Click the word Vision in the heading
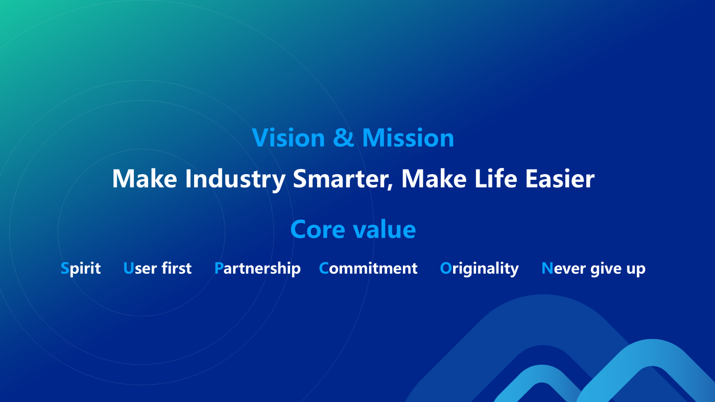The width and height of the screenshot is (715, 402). click(289, 137)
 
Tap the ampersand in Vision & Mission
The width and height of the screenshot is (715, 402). click(343, 137)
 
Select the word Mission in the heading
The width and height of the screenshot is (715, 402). click(408, 137)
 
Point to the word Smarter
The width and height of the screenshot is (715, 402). click(340, 178)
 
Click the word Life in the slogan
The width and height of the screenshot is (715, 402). click(495, 178)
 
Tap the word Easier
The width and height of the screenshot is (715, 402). click(560, 178)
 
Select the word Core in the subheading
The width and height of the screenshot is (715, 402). click(318, 229)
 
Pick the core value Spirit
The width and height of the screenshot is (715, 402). click(81, 269)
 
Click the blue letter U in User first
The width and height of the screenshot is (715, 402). click(128, 268)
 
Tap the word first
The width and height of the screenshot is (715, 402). click(177, 268)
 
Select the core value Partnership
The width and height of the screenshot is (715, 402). click(257, 269)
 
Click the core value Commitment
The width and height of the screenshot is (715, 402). click(368, 268)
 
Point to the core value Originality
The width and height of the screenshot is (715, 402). click(479, 269)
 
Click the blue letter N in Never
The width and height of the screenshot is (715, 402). click(547, 268)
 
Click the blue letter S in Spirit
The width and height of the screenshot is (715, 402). click(65, 268)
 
